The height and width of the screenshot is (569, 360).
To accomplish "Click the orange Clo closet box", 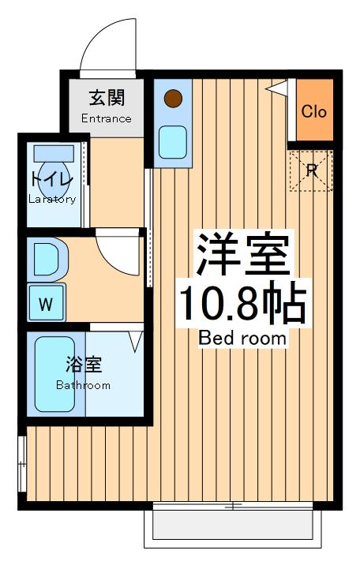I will coord(313,110).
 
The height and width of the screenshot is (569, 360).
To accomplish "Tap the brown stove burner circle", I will coord(173,99).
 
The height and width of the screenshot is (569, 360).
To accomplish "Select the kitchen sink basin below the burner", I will coord(172,142).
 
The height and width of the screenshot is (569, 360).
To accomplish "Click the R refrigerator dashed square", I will coord(312,170).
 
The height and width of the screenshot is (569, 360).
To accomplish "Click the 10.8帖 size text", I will coord(242,302).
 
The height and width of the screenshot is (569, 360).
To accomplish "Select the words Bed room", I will coord(242,339).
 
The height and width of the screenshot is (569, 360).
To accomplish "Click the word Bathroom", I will coord(83,385).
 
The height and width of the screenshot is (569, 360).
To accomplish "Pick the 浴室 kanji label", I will coord(83,366).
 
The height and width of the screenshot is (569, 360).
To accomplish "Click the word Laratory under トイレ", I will coord(53,199).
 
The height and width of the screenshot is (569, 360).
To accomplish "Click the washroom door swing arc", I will coord(118,253).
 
